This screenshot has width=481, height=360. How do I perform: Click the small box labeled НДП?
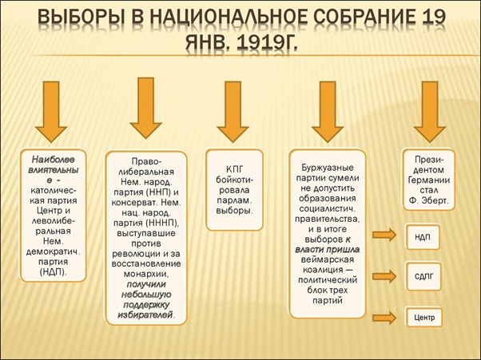point(423,236)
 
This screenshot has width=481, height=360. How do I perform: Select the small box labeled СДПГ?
point(424,276)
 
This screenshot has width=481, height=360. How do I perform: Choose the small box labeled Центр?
point(424,318)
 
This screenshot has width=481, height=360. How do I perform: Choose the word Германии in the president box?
point(430,180)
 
